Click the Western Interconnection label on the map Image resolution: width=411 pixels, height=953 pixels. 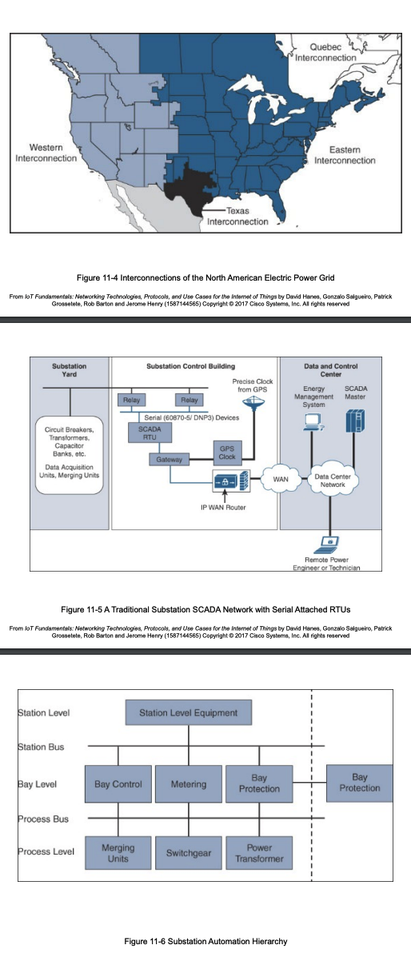pos(46,153)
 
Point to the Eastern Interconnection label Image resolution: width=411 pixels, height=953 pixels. pos(345,155)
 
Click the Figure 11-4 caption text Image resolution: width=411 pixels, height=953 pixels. pos(205,277)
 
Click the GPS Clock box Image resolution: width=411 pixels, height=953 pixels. pos(226,452)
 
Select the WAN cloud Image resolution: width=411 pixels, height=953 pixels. pos(281,479)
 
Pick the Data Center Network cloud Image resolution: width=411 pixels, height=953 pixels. pos(332,480)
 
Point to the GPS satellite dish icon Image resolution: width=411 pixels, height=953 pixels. pos(253,403)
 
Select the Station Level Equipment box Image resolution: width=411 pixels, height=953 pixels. pos(188,712)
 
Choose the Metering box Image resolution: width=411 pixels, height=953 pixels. pos(188,784)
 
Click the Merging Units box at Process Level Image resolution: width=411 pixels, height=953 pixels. pos(118,852)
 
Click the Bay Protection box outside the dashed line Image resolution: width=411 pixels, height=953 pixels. pos(359,783)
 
